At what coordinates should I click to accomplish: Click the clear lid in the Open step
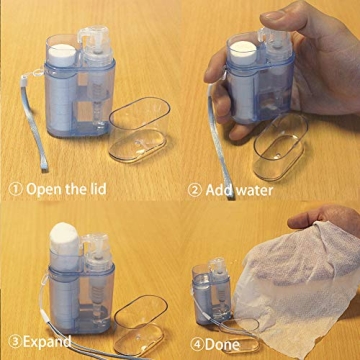(x=140, y=125)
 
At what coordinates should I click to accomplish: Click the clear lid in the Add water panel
(x=280, y=145)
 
